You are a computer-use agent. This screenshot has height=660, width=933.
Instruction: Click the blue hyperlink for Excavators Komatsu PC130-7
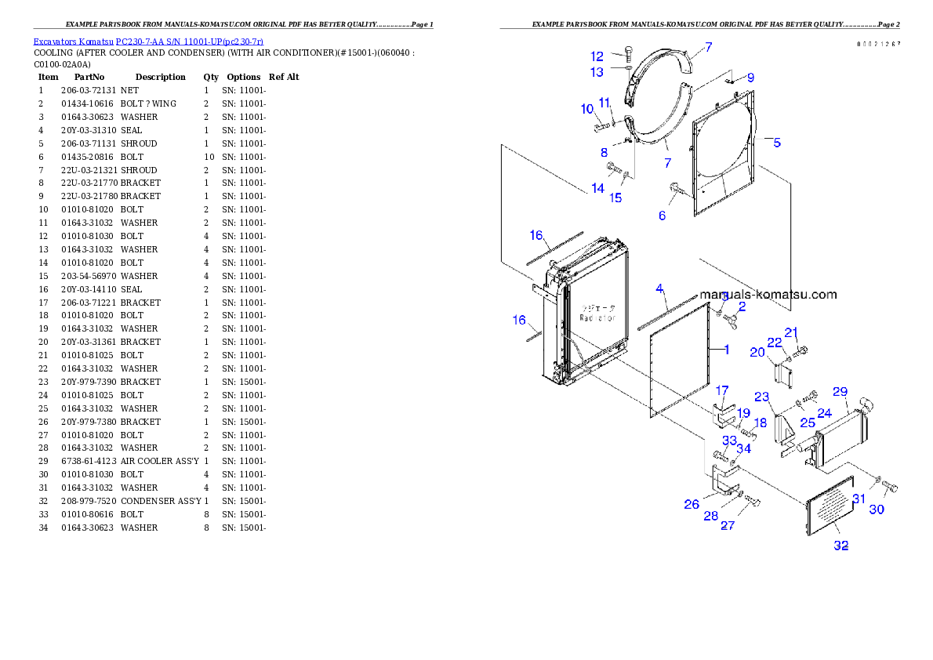(x=148, y=41)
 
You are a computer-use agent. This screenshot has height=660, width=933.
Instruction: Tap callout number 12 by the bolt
(x=597, y=56)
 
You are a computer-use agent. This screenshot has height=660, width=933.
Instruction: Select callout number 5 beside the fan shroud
(x=776, y=143)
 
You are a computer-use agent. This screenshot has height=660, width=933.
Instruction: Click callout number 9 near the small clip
(x=750, y=78)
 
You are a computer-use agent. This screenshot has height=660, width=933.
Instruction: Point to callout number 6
(x=663, y=215)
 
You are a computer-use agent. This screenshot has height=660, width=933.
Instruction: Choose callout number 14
(x=598, y=188)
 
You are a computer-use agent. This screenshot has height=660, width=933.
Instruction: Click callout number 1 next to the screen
(x=727, y=350)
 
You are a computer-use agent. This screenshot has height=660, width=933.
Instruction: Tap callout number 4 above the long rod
(x=660, y=288)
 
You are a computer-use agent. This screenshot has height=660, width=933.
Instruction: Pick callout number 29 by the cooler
(x=840, y=391)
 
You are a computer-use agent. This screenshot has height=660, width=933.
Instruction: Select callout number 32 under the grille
(x=840, y=546)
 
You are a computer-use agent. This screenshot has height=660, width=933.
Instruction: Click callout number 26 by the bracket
(x=692, y=504)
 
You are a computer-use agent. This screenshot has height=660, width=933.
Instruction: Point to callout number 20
(x=757, y=352)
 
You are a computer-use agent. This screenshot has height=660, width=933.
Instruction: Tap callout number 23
(x=761, y=397)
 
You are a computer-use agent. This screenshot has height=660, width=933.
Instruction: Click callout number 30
(x=877, y=510)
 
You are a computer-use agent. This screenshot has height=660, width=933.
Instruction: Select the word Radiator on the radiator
(x=597, y=317)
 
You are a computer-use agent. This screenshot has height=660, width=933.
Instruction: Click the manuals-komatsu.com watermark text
(x=768, y=295)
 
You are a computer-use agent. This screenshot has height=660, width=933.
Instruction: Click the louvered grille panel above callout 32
(x=830, y=506)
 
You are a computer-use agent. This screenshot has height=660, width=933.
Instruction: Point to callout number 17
(x=722, y=390)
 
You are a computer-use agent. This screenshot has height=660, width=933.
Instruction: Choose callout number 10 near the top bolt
(x=587, y=109)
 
